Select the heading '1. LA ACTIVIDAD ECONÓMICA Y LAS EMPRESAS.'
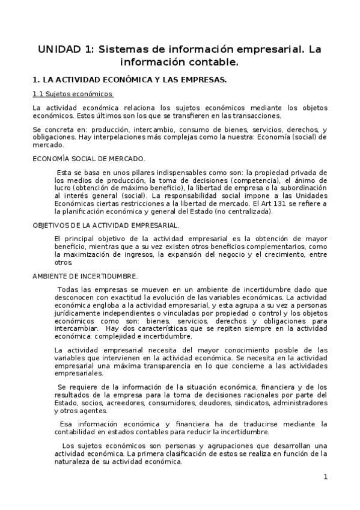(129, 79)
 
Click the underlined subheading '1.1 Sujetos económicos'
(73, 94)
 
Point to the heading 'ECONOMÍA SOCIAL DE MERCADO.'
(88, 158)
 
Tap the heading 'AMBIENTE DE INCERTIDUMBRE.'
(85, 276)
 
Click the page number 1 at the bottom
(325, 477)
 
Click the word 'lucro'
(63, 188)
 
